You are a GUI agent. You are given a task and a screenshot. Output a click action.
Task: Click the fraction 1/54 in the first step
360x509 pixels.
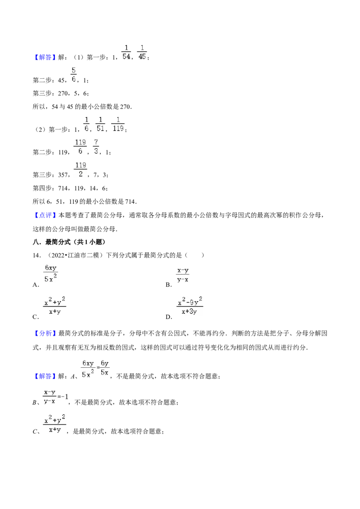pyautogui.click(x=126, y=52)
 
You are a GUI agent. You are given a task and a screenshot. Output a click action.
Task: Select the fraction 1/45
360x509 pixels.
pyautogui.click(x=142, y=52)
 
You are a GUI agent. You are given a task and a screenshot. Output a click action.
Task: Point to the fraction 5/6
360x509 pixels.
pyautogui.click(x=74, y=75)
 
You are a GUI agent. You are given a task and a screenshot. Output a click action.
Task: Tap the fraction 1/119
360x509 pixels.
pyautogui.click(x=118, y=125)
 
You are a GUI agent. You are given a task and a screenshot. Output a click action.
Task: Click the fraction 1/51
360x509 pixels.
pyautogui.click(x=100, y=125)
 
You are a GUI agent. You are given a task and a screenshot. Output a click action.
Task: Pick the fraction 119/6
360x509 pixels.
pyautogui.click(x=80, y=147)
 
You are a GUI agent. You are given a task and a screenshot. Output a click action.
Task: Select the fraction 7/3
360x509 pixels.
pyautogui.click(x=96, y=147)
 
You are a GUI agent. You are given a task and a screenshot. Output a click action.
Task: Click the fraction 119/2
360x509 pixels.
pyautogui.click(x=81, y=170)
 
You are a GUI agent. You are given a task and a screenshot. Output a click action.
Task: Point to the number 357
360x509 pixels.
pyautogui.click(x=63, y=175)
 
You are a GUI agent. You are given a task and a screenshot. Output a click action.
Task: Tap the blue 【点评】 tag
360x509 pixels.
pyautogui.click(x=45, y=215)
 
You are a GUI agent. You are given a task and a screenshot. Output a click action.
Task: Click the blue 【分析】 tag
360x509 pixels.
pyautogui.click(x=45, y=333)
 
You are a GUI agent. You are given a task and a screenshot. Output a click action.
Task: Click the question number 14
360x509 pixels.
pyautogui.click(x=37, y=255)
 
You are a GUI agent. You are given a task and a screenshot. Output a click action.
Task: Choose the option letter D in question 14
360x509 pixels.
pyautogui.click(x=168, y=317)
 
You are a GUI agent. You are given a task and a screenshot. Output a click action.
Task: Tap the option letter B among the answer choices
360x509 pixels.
pyautogui.click(x=168, y=285)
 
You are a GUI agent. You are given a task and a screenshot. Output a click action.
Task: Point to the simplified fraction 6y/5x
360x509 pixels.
pyautogui.click(x=104, y=368)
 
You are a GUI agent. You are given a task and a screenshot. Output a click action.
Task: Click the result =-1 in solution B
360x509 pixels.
pyautogui.click(x=63, y=396)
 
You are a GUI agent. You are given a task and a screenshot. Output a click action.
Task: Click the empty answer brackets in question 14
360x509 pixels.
pyautogui.click(x=194, y=255)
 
